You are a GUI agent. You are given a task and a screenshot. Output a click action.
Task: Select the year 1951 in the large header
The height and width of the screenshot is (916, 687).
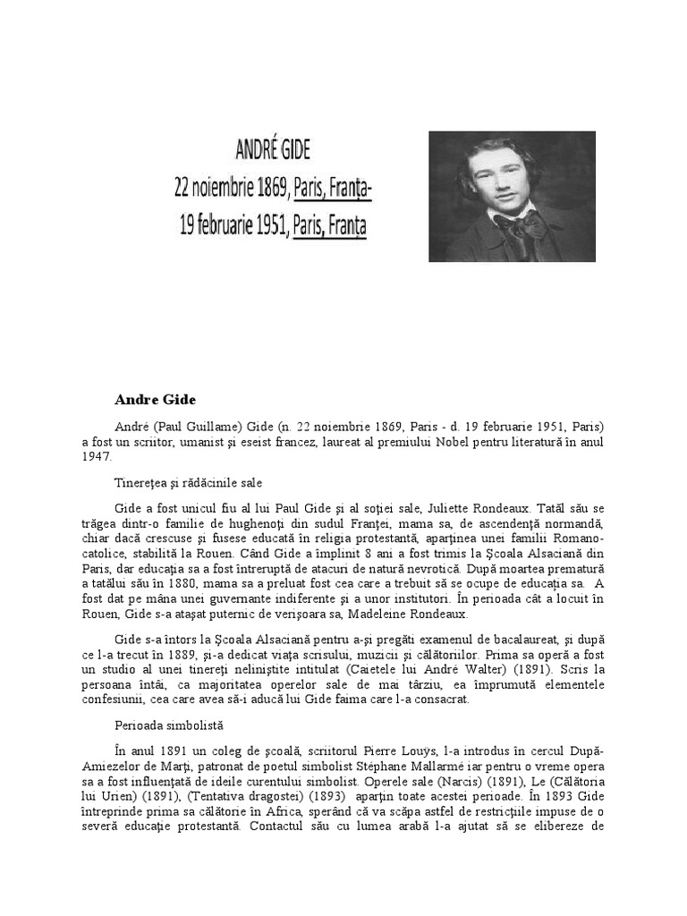(x=265, y=225)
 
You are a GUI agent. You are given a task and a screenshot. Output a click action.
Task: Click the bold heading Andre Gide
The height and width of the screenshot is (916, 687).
(x=155, y=398)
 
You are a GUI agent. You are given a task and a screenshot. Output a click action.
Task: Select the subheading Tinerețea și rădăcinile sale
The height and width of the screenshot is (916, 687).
(x=188, y=483)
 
